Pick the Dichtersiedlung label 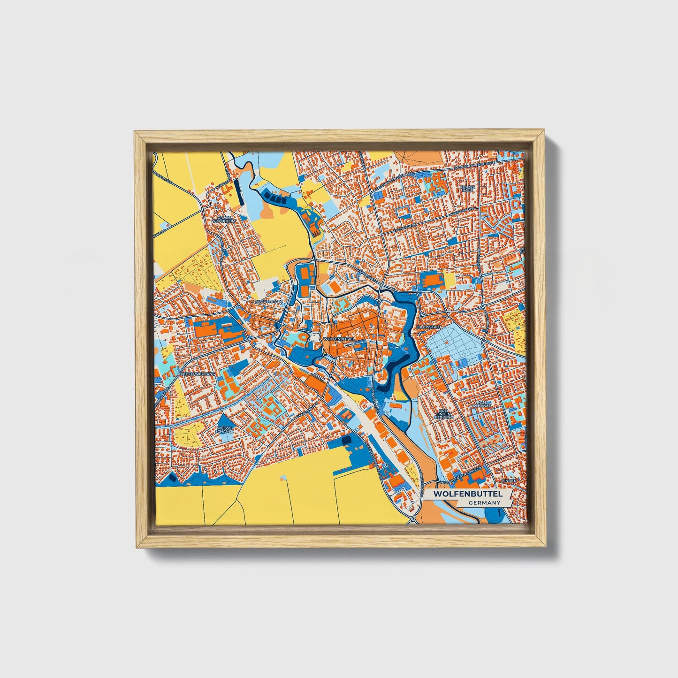[x=197, y=373]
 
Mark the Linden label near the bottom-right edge [x=509, y=481]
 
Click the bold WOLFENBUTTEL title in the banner [x=467, y=494]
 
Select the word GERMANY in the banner [x=484, y=503]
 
